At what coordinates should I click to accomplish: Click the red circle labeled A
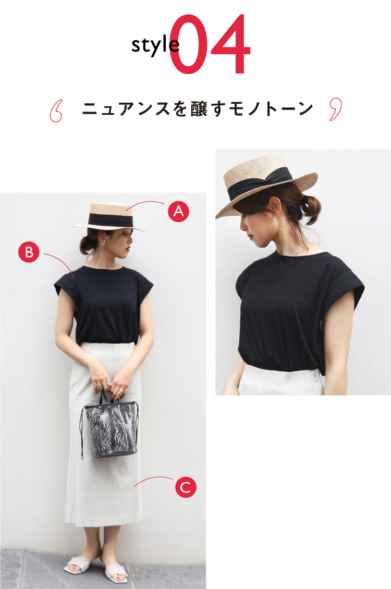pyautogui.click(x=178, y=211)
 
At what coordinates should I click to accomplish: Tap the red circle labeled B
pyautogui.click(x=29, y=252)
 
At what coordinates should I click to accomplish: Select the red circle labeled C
pyautogui.click(x=186, y=487)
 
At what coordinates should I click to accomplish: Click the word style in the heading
pyautogui.click(x=155, y=45)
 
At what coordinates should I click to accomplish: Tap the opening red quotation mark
pyautogui.click(x=56, y=111)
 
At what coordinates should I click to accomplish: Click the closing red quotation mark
pyautogui.click(x=336, y=109)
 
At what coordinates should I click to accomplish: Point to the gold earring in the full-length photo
pyautogui.click(x=103, y=243)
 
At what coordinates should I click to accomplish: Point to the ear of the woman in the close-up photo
pyautogui.click(x=275, y=207)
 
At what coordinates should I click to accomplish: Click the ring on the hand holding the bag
pyautogui.click(x=121, y=391)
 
